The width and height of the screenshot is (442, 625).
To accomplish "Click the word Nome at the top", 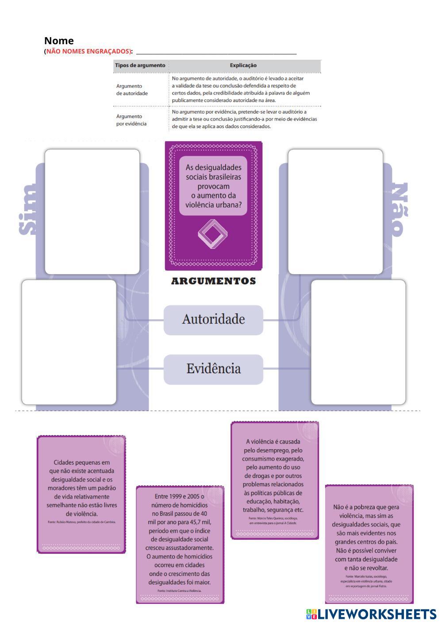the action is pos(59,41).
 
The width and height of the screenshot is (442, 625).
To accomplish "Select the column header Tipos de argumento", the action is pos(140,65).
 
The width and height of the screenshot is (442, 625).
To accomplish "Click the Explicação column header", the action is pos(243,65).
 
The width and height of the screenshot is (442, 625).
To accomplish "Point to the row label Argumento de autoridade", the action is pos(132,90).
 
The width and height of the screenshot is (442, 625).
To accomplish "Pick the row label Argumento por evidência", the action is pos(131,120).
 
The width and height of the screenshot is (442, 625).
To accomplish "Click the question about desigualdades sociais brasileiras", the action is pos(213,186).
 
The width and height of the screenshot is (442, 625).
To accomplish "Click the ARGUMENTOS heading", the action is pos(213,281).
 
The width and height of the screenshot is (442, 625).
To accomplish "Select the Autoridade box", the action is pos(213,319).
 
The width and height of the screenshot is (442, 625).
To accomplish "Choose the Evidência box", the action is pos(213,369).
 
